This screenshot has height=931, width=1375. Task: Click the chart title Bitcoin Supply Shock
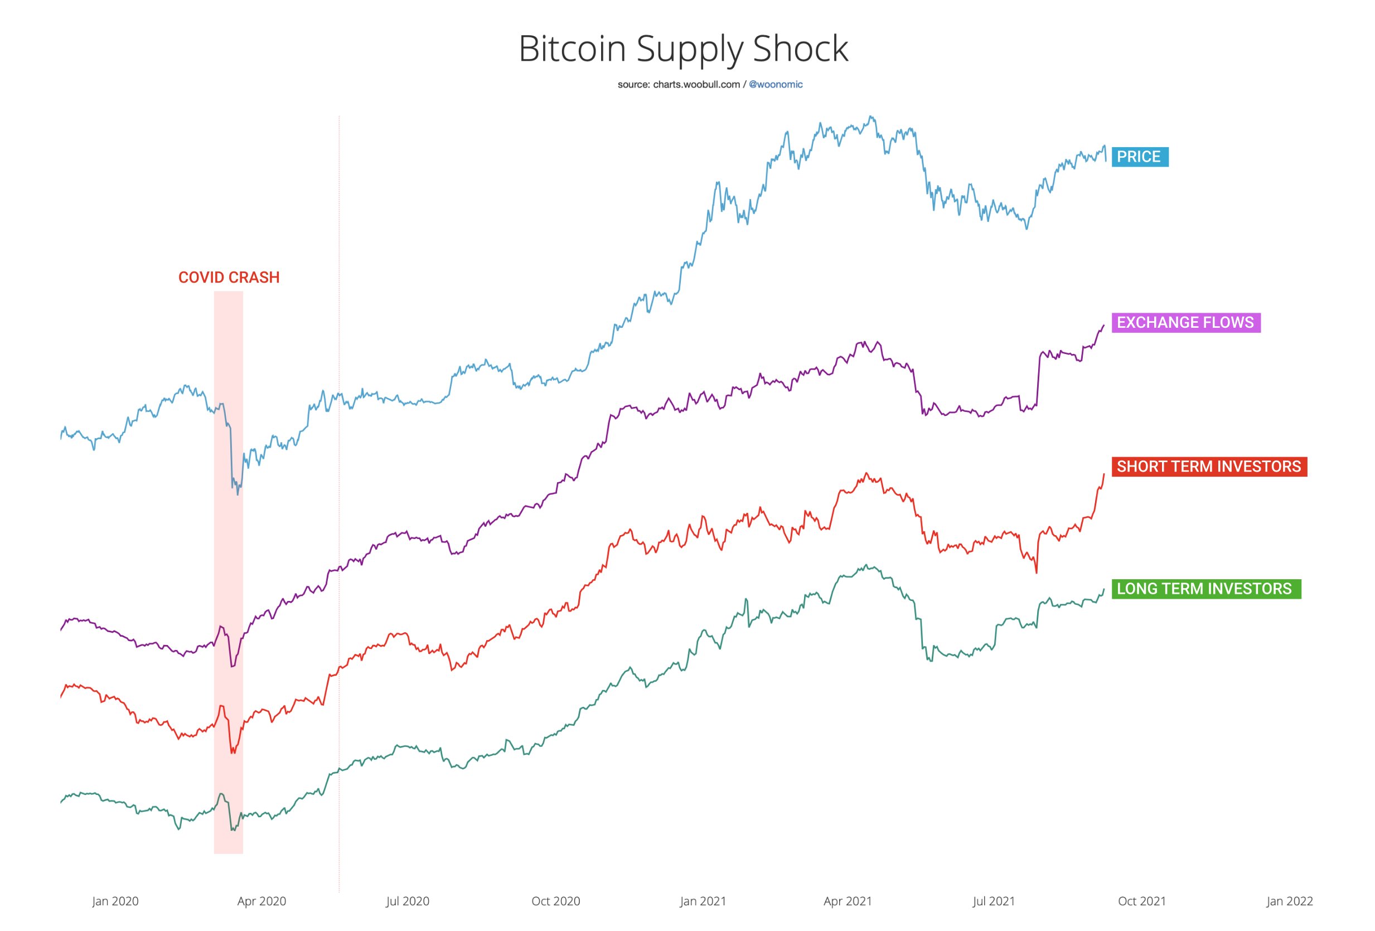pos(684,48)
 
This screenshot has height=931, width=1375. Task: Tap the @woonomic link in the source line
pos(776,85)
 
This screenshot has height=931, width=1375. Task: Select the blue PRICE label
pos(1140,157)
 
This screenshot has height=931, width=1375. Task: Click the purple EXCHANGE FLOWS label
pos(1185,322)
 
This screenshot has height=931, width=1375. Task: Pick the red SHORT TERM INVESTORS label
pos(1209,467)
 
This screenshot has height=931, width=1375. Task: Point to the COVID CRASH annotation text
pos(229,278)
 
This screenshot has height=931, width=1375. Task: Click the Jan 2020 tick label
pos(115,901)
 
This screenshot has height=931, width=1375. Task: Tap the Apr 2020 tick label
pos(262,901)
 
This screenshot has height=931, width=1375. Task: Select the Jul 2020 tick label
pos(408,901)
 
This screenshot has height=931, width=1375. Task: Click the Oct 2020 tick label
pos(555,901)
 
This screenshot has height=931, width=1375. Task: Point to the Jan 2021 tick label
pos(703,901)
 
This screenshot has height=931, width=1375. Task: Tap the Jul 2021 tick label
pos(994,901)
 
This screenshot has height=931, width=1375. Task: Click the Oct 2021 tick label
pos(1142,901)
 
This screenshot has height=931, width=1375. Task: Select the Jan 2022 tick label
pos(1290,901)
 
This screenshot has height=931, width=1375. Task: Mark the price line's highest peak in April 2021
pos(872,117)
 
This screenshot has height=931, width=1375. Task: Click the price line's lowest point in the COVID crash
pos(238,494)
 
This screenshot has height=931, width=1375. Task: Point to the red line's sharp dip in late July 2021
pos(1036,572)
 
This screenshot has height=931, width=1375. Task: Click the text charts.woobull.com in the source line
pos(696,85)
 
